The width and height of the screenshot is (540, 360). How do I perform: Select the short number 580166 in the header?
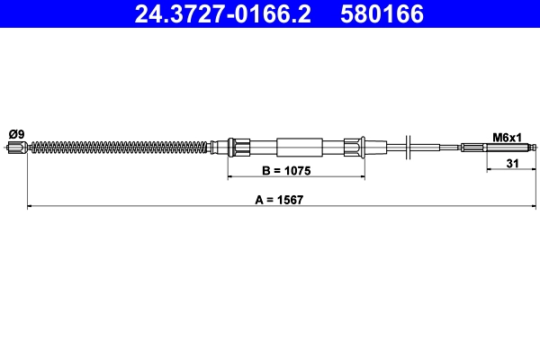pyautogui.click(x=382, y=14)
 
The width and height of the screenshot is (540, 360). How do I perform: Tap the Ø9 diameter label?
pyautogui.click(x=15, y=134)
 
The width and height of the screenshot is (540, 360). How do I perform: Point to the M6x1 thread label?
pyautogui.click(x=507, y=137)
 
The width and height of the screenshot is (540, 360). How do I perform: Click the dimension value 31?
pyautogui.click(x=511, y=163)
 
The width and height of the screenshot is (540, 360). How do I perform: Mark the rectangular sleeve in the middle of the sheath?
pyautogui.click(x=299, y=148)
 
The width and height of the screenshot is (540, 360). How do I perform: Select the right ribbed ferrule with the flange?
pyautogui.click(x=355, y=148)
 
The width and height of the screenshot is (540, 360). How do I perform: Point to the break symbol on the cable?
pyautogui.click(x=409, y=148)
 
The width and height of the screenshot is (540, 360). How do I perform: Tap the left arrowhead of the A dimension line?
pyautogui.click(x=31, y=207)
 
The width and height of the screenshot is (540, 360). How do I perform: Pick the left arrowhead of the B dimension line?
pyautogui.click(x=229, y=177)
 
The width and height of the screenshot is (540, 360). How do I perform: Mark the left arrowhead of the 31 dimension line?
pyautogui.click(x=489, y=170)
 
